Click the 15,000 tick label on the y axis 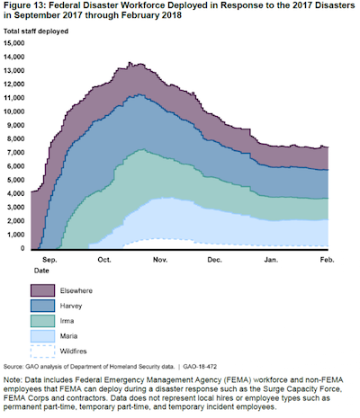[x=14, y=43]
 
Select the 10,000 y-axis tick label [x=14, y=111]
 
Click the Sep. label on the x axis [x=49, y=260]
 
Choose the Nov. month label [x=160, y=260]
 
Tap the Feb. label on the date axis [x=327, y=260]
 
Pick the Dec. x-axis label [x=215, y=260]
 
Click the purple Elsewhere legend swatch [x=42, y=290]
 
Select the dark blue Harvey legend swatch [x=42, y=306]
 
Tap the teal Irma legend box [x=42, y=321]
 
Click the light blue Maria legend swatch [x=42, y=336]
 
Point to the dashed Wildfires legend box [x=42, y=351]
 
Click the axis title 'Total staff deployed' [x=36, y=31]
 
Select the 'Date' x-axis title [x=41, y=271]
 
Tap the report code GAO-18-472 [x=200, y=367]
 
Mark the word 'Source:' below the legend [x=13, y=367]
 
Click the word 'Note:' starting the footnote [x=13, y=380]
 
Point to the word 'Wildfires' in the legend [x=73, y=351]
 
